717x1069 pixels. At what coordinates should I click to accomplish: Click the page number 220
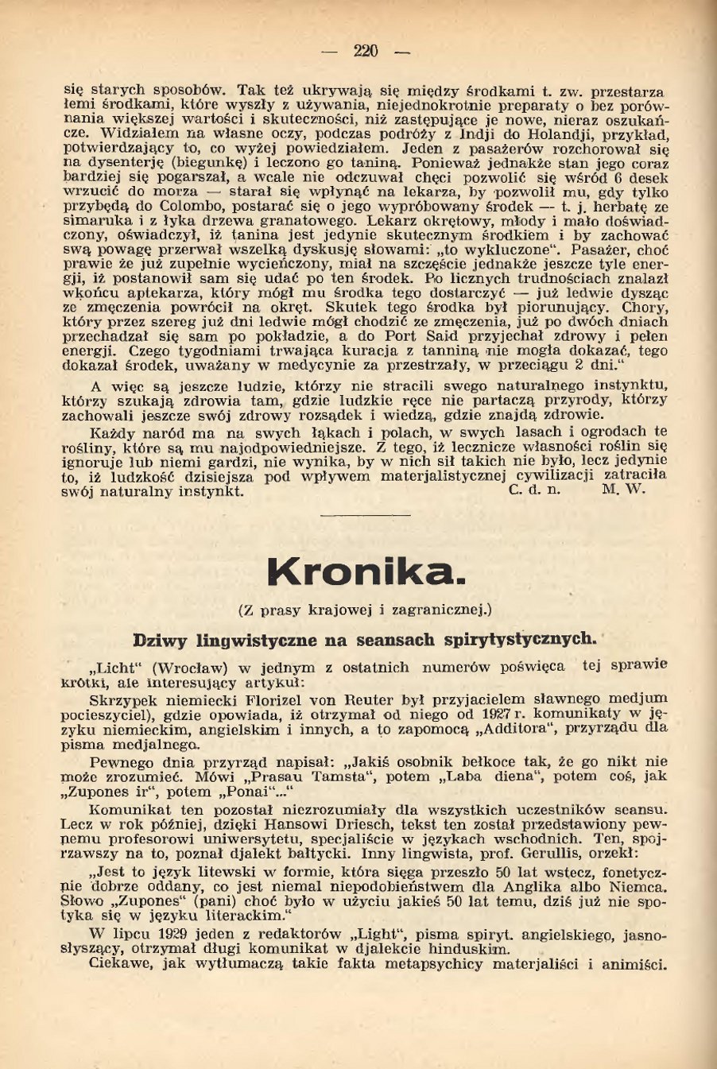click(366, 52)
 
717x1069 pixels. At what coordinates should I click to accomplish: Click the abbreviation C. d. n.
click(533, 490)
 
